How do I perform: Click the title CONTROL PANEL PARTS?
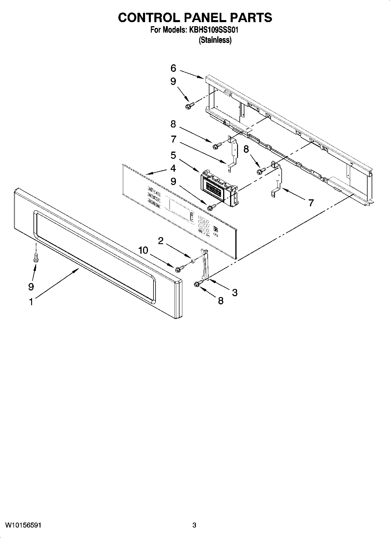coord(195,18)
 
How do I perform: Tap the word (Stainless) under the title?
coord(215,40)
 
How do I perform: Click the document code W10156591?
coord(23,525)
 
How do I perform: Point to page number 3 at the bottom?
coord(194,525)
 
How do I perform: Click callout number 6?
coord(173,68)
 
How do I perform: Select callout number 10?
coord(143,250)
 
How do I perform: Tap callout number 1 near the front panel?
coord(31,302)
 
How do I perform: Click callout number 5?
coord(173,155)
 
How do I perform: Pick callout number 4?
coord(173,168)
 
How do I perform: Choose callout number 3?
coord(235,292)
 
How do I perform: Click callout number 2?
coord(160,240)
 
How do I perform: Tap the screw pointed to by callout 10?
coord(179,269)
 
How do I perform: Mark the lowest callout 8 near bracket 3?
coord(221,301)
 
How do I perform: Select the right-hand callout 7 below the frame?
coord(311,203)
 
